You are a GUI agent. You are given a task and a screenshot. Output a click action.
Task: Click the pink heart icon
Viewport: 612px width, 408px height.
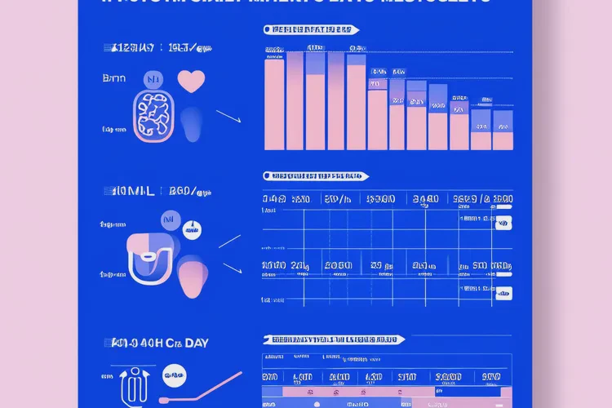(190, 82)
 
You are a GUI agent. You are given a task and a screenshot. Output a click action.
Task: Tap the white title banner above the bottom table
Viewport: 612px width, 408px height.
(335, 339)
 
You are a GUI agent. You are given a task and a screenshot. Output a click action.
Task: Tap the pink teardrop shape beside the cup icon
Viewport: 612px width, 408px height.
(193, 278)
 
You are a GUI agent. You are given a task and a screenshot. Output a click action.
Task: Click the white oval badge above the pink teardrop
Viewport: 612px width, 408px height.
(192, 232)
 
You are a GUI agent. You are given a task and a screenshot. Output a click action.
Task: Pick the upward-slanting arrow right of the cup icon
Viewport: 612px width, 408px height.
(229, 241)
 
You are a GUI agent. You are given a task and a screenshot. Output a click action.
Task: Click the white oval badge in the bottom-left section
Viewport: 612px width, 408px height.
(173, 378)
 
